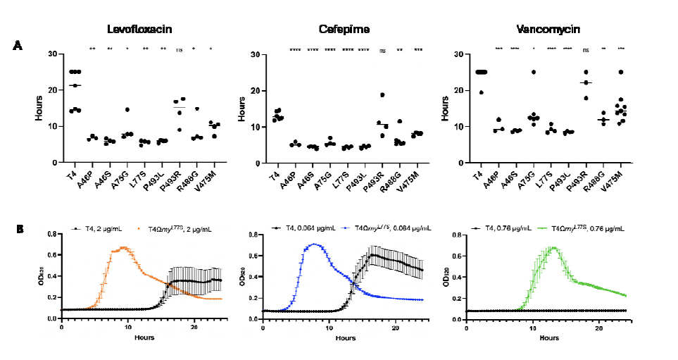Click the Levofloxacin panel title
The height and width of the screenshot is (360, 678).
(x=139, y=29)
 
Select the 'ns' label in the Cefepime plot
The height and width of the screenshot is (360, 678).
(x=383, y=50)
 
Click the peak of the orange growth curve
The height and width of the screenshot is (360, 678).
(x=125, y=247)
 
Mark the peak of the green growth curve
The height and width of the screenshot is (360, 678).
(x=553, y=247)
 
